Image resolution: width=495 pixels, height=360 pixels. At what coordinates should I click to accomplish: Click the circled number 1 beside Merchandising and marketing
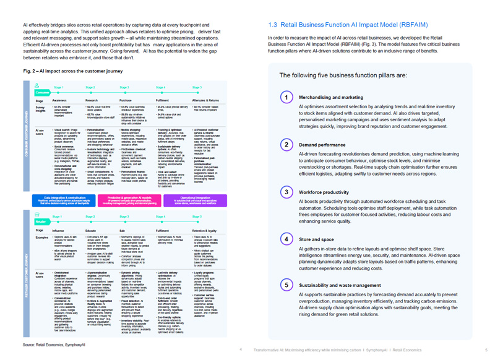[286, 98]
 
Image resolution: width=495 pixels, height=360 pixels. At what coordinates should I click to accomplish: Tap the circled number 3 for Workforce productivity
[286, 192]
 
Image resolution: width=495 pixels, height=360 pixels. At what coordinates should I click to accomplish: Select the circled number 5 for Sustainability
[286, 285]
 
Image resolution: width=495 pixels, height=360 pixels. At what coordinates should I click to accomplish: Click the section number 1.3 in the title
[275, 26]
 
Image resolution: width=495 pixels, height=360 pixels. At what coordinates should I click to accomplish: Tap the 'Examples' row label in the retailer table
[42, 236]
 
